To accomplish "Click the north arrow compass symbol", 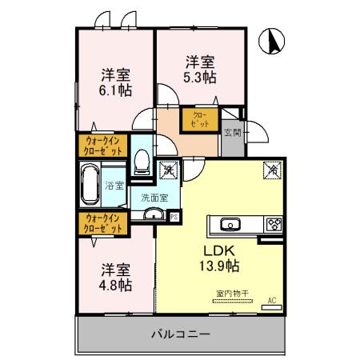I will [x=273, y=42].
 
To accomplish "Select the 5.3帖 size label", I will [x=202, y=78].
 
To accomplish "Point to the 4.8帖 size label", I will [x=116, y=285].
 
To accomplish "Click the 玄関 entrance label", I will [x=232, y=132].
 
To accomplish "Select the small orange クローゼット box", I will [x=200, y=120].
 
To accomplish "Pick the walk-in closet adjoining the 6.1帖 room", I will [x=102, y=146].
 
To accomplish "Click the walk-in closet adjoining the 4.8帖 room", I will [x=102, y=224].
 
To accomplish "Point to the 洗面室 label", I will [x=154, y=197].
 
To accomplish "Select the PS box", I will [x=175, y=214].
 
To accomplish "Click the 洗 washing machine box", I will [x=170, y=169].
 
